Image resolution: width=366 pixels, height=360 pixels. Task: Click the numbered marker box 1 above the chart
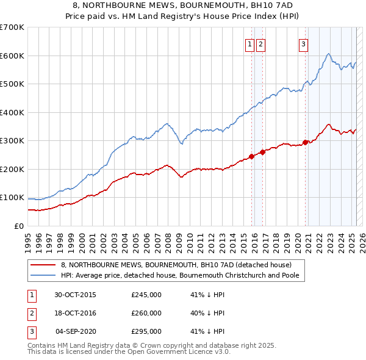pyautogui.click(x=250, y=43)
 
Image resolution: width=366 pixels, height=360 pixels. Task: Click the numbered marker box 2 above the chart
pyautogui.click(x=260, y=43)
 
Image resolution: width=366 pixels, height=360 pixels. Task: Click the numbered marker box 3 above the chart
pyautogui.click(x=303, y=43)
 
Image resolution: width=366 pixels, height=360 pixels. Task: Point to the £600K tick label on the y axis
pyautogui.click(x=12, y=56)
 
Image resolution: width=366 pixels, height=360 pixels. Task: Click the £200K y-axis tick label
pyautogui.click(x=12, y=169)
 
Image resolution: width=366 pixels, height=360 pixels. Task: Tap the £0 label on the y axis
pyautogui.click(x=18, y=226)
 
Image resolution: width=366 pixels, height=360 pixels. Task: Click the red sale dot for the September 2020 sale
pyautogui.click(x=305, y=143)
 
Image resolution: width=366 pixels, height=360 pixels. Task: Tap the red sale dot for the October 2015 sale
pyautogui.click(x=251, y=157)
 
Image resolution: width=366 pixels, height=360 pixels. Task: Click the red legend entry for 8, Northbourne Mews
pyautogui.click(x=177, y=265)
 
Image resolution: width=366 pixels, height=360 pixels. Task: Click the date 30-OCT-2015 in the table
pyautogui.click(x=75, y=295)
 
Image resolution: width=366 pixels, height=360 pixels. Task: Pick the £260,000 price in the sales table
pyautogui.click(x=146, y=313)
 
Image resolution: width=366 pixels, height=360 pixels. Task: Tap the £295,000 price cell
pyautogui.click(x=146, y=331)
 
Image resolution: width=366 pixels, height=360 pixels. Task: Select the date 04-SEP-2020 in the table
pyautogui.click(x=76, y=331)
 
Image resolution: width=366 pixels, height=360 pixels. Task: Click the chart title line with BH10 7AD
pyautogui.click(x=183, y=5)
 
